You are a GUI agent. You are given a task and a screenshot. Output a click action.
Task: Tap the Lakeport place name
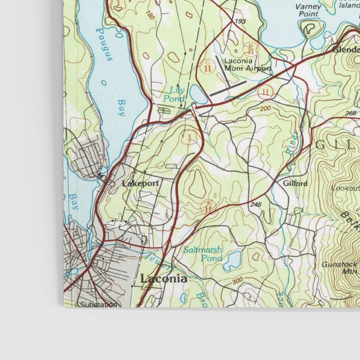[x=140, y=183]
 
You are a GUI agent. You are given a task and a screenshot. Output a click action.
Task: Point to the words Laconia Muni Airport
[x=247, y=64]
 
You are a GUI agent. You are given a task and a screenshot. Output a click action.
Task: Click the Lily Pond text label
[x=174, y=93]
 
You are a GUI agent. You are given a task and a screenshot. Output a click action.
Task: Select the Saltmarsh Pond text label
[x=203, y=254]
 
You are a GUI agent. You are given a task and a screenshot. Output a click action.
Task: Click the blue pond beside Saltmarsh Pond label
[x=232, y=260]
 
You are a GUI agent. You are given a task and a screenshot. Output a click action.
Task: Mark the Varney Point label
[x=309, y=10]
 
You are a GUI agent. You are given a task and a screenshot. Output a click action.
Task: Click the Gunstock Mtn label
[x=339, y=267]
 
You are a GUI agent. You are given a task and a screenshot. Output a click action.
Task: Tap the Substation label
[x=98, y=304]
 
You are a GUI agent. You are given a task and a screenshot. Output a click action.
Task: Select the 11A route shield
[x=208, y=207]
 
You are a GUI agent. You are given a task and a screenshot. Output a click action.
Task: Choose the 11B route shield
[x=250, y=49]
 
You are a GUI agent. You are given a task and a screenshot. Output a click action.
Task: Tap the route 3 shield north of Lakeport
[x=191, y=137]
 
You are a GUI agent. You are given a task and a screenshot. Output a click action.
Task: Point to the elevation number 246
[x=256, y=205]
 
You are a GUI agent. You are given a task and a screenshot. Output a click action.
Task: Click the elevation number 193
[x=240, y=22]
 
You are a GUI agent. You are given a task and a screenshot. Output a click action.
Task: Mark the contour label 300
[x=237, y=280]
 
